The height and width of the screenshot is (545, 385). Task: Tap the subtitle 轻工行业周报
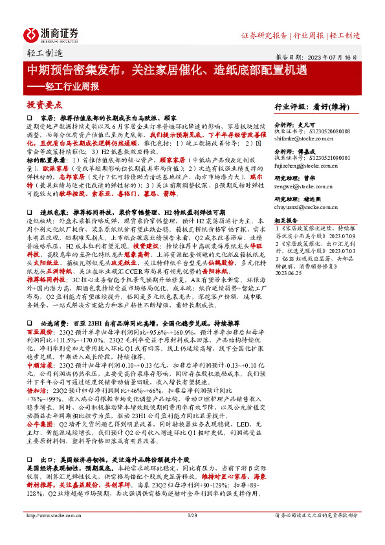[62, 85]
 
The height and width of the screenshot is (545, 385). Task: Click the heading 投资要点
[43, 104]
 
